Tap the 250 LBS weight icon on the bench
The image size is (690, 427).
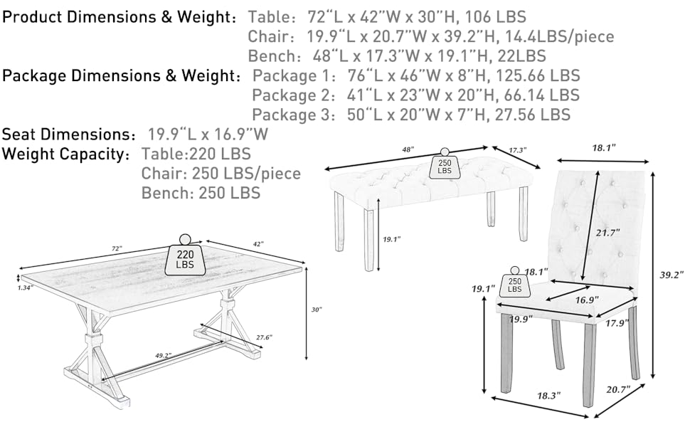[x=445, y=165]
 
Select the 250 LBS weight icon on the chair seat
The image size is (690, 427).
[x=515, y=284]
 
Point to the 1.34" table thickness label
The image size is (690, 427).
[x=26, y=288]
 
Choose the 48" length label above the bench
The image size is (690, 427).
[x=407, y=150]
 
